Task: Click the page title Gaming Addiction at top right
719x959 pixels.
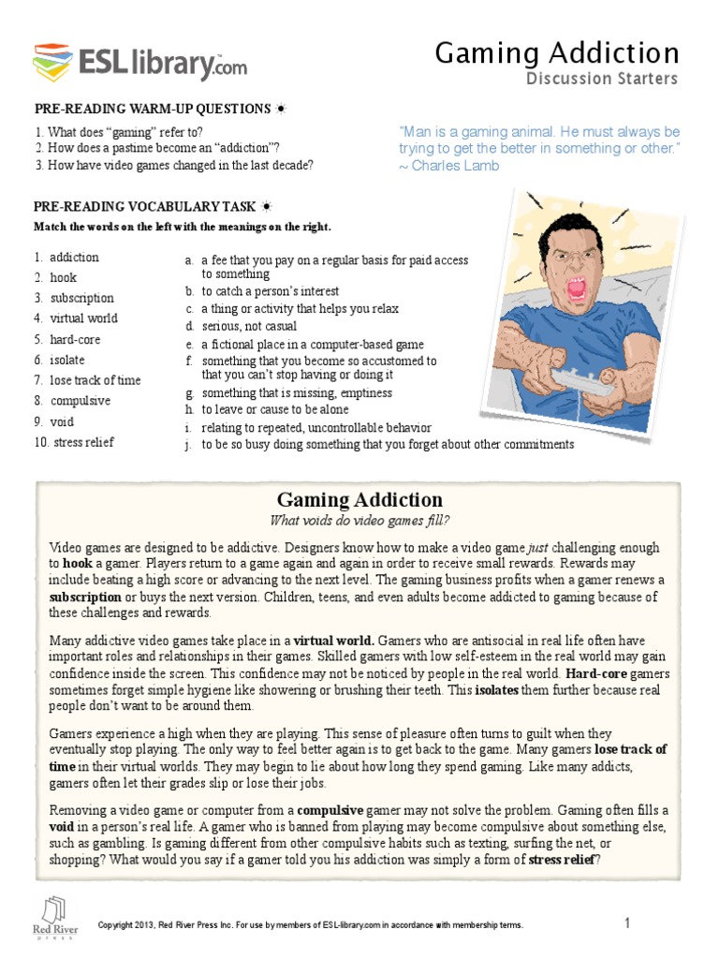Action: (x=556, y=52)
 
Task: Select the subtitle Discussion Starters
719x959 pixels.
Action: (x=601, y=79)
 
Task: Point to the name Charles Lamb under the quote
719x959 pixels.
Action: (x=448, y=166)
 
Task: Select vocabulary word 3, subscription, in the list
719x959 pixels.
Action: (x=81, y=298)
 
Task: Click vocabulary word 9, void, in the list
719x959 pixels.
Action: (x=63, y=421)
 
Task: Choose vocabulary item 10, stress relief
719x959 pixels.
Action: (x=83, y=442)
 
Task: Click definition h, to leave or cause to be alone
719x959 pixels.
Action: (x=274, y=410)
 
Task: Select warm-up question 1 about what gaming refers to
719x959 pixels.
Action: (x=118, y=132)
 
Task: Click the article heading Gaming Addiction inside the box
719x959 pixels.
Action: (x=359, y=499)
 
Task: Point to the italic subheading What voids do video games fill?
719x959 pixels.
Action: (x=359, y=521)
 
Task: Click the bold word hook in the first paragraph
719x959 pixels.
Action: (x=78, y=564)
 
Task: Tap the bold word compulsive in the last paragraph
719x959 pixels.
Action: (x=336, y=809)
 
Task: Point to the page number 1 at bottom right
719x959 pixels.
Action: (x=627, y=924)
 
